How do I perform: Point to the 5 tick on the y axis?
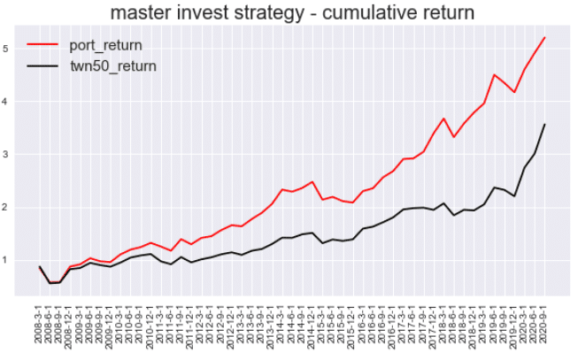click(7, 49)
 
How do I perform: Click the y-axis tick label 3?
click(7, 155)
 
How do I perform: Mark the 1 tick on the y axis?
click(7, 261)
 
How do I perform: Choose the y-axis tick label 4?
click(7, 102)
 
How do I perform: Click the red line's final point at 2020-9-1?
click(544, 37)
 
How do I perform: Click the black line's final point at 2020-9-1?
click(544, 125)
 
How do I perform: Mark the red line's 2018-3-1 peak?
click(443, 119)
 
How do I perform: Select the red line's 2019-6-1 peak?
click(494, 75)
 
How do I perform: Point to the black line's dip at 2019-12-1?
click(514, 196)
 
